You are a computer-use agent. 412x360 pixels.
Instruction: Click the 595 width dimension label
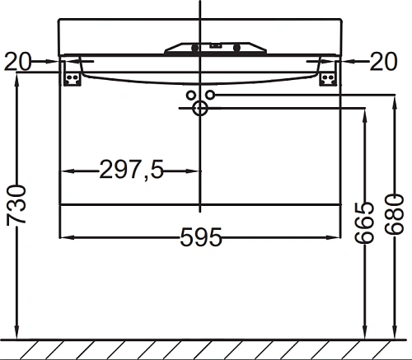(200, 236)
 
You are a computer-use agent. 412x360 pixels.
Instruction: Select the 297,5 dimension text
(131, 170)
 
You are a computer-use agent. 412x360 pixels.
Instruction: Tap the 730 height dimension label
(16, 205)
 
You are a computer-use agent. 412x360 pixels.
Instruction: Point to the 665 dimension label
(364, 223)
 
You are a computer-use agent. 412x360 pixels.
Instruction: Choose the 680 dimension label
(395, 214)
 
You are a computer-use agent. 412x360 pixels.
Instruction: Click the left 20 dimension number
(18, 62)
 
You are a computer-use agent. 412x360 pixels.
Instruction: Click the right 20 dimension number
(383, 62)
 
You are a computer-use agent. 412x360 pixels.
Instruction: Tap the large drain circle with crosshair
(200, 108)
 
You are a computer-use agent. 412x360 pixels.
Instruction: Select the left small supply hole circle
(191, 96)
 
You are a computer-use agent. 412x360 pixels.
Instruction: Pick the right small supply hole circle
(210, 95)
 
